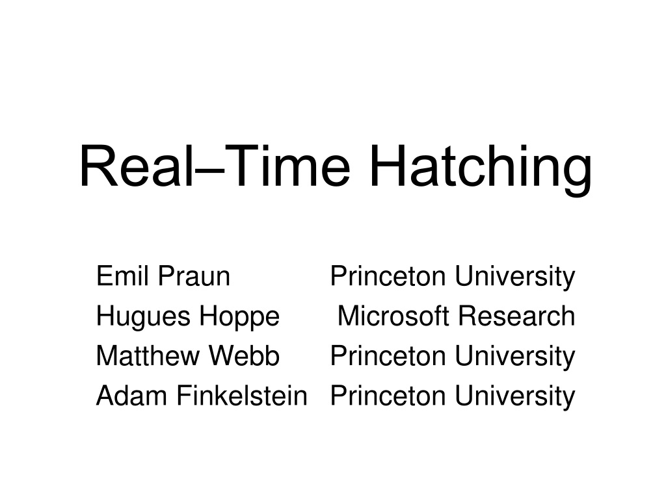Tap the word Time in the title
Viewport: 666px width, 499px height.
(x=287, y=166)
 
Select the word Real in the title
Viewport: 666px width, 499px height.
(x=135, y=166)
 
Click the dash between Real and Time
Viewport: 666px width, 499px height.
(x=209, y=172)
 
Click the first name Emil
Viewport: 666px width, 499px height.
(x=123, y=275)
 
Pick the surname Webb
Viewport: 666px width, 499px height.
(x=245, y=355)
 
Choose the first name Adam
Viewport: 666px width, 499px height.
(x=131, y=396)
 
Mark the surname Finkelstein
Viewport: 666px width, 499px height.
(x=242, y=396)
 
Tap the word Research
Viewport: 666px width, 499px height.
(x=517, y=316)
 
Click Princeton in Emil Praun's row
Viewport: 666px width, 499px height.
(x=388, y=275)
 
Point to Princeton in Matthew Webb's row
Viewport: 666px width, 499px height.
(x=388, y=355)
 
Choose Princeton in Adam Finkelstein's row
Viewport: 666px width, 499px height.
(x=388, y=396)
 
